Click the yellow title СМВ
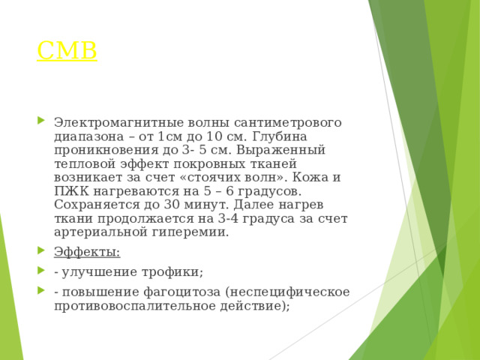pyautogui.click(x=67, y=51)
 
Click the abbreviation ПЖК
pyautogui.click(x=71, y=191)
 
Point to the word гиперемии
pyautogui.click(x=191, y=232)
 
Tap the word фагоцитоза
pyautogui.click(x=178, y=291)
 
